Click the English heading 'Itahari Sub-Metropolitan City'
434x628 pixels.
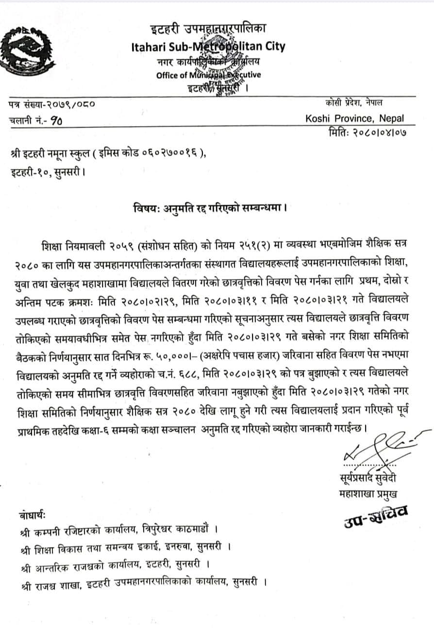pyautogui.click(x=208, y=47)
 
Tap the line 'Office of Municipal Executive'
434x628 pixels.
pyautogui.click(x=208, y=75)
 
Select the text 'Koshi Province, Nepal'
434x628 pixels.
pyautogui.click(x=354, y=118)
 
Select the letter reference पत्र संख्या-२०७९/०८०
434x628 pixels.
pyautogui.click(x=52, y=104)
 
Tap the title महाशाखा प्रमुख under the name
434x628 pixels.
pyautogui.click(x=369, y=495)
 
